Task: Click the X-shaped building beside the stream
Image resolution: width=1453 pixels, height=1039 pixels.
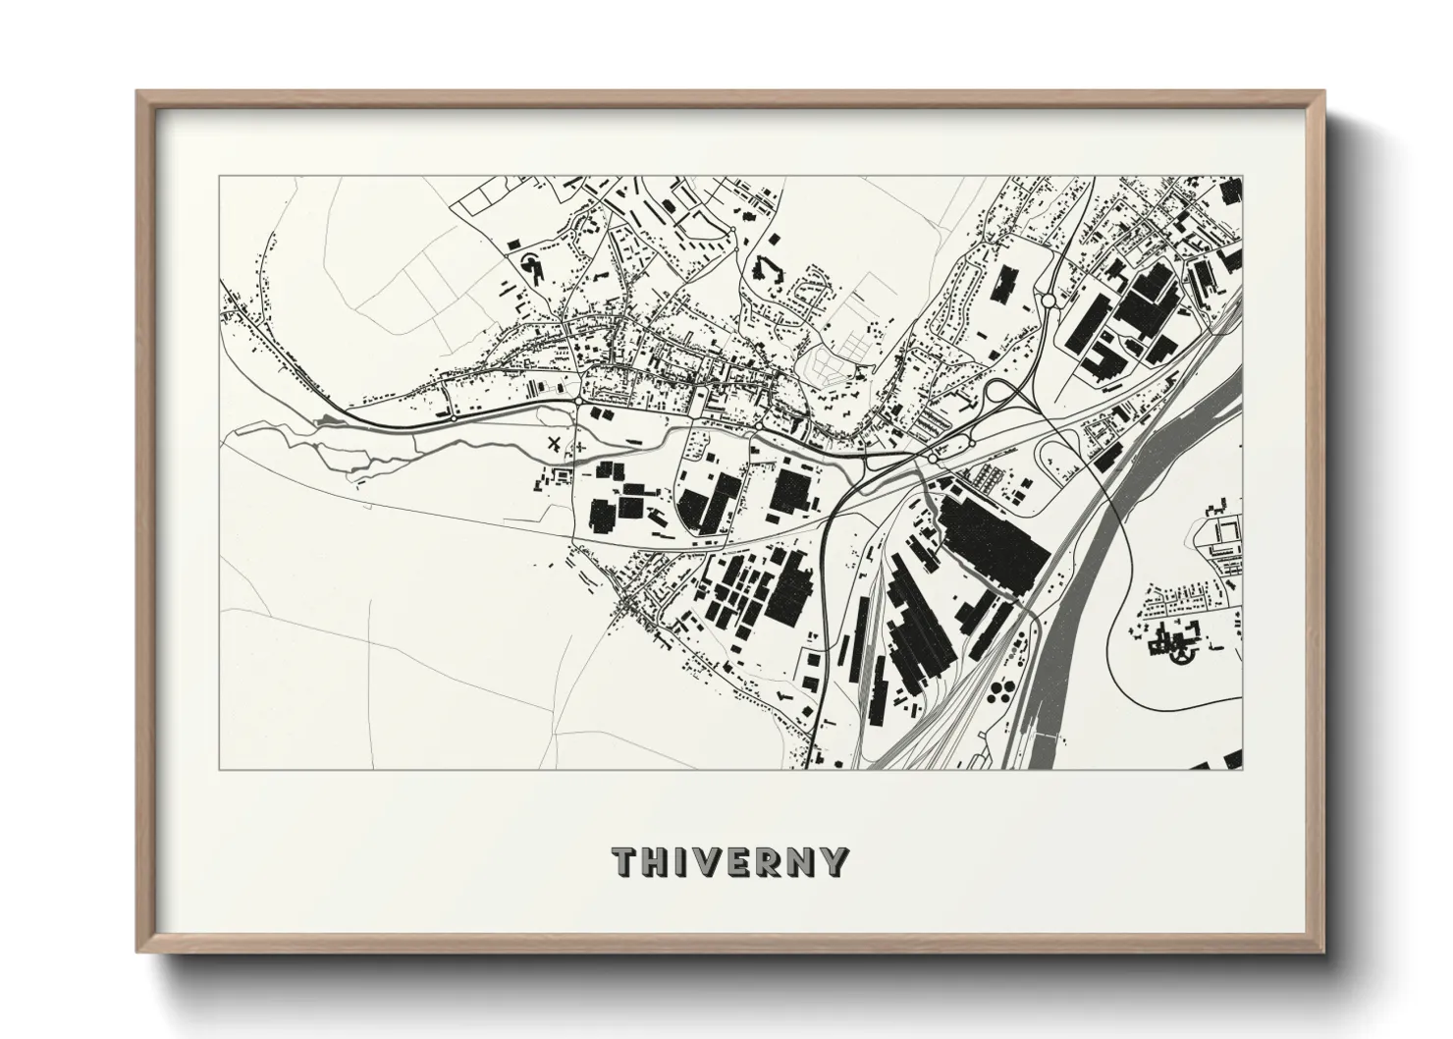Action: [x=557, y=443]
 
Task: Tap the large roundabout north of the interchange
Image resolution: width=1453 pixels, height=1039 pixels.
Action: [x=1049, y=301]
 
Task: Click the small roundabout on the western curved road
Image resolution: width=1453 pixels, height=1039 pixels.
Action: [x=455, y=416]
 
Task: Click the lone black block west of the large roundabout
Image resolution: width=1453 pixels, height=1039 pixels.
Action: [x=1002, y=283]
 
